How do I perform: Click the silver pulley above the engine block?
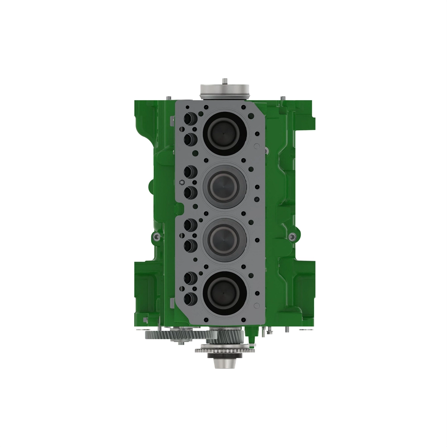pyautogui.click(x=223, y=91)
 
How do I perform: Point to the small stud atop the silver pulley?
pyautogui.click(x=225, y=80)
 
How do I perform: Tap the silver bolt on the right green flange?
pyautogui.click(x=292, y=236)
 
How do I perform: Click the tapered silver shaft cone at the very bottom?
pyautogui.click(x=223, y=363)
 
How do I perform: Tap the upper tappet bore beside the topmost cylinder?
pyautogui.click(x=190, y=119)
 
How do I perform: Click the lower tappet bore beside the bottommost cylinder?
pyautogui.click(x=190, y=298)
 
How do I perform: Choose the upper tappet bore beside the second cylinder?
pyautogui.click(x=190, y=171)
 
